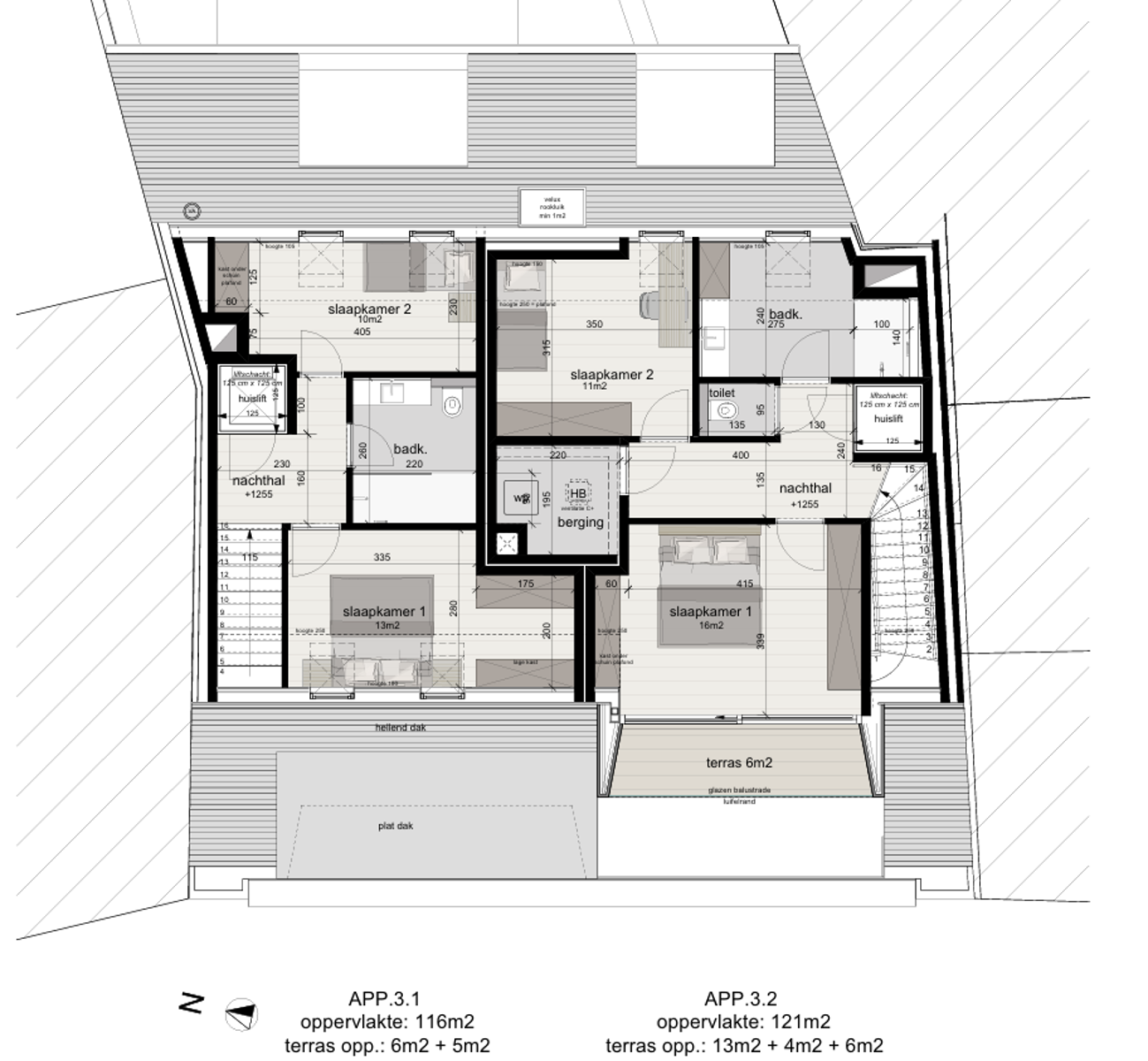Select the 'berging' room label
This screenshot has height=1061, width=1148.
(580, 522)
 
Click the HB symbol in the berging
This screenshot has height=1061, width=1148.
(578, 494)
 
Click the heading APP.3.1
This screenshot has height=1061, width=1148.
(384, 999)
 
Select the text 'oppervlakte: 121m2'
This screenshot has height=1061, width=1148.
(742, 1022)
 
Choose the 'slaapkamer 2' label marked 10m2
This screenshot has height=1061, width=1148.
(369, 309)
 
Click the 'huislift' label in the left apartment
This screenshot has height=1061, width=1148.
(252, 399)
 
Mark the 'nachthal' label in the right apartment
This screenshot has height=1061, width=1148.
(804, 488)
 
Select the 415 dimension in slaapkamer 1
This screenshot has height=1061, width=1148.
(744, 584)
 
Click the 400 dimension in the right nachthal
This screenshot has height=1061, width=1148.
(741, 455)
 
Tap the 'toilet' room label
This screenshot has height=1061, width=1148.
(722, 393)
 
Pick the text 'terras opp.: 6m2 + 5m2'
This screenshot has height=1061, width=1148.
(386, 1046)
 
